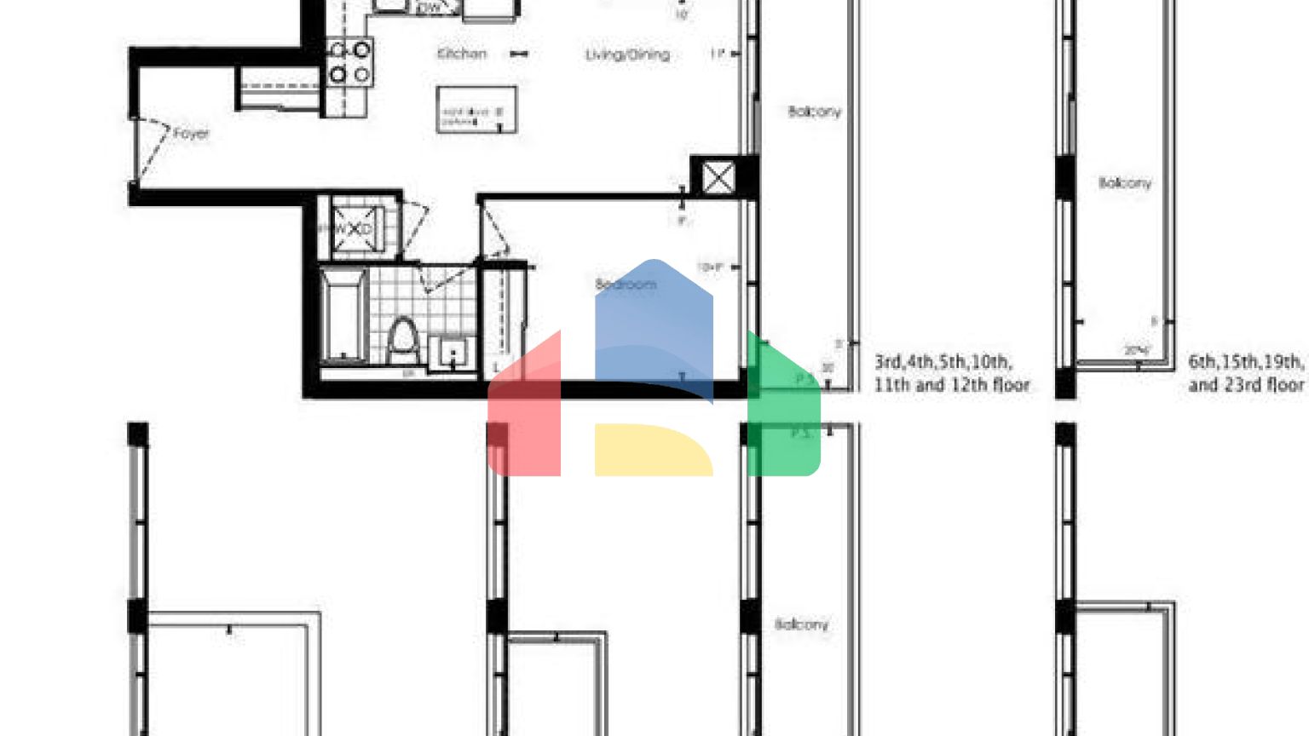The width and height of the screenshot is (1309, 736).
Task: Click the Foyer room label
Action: click(190, 134)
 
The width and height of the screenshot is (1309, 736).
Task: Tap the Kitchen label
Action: click(461, 54)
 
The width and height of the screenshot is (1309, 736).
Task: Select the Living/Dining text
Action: click(627, 55)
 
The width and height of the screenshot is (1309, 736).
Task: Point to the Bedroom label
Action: click(626, 284)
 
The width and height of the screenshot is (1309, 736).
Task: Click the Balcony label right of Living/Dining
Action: click(814, 112)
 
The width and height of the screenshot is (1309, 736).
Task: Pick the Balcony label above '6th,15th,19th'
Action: click(1124, 183)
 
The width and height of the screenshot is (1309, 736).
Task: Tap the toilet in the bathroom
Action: click(401, 340)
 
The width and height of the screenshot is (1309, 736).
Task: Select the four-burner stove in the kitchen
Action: click(349, 61)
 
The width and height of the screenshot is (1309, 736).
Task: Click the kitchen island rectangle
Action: click(476, 109)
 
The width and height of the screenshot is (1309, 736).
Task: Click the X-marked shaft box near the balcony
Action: click(718, 178)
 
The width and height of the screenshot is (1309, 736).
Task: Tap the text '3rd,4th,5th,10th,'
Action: click(943, 361)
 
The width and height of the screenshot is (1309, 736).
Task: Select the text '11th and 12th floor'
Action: click(951, 385)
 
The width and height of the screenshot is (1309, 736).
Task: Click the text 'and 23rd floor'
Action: click(1246, 385)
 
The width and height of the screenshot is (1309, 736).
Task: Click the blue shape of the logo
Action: click(654, 324)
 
